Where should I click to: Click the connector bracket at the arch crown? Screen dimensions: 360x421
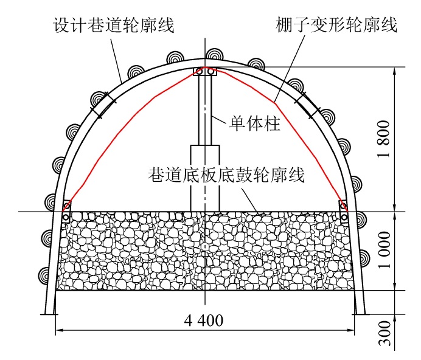coord(205,71)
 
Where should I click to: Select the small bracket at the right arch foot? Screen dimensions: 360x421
coord(344,210)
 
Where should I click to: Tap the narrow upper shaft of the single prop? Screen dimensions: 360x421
coord(205,109)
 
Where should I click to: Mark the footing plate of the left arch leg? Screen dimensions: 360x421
coord(48,314)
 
